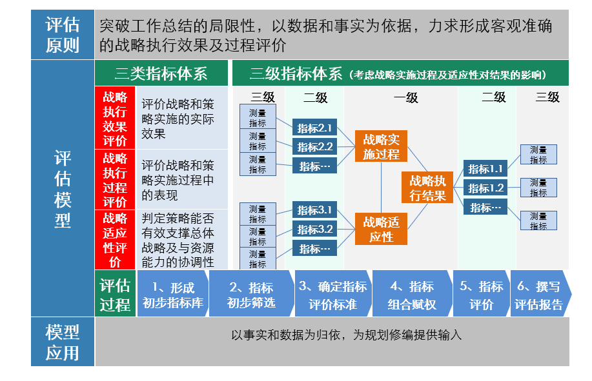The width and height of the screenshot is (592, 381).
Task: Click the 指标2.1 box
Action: pos(315,127)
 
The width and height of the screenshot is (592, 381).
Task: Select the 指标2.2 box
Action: pos(315,146)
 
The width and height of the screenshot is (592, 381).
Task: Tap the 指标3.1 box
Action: pos(315,210)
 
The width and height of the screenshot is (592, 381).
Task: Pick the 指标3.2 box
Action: pos(315,229)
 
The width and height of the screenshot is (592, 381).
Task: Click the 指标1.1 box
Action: pos(485,169)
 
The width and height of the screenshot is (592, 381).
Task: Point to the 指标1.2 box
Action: pos(485,188)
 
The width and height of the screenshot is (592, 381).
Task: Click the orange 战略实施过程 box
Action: pos(382,146)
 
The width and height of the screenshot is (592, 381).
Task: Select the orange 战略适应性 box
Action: pos(382,229)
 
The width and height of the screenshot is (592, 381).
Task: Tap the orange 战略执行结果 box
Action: pos(427,188)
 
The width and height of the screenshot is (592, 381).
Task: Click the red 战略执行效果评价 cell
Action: pos(115,118)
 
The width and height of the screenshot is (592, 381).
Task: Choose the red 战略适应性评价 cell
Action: pos(115,240)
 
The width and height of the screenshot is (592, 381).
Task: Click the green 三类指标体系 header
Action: pos(161,73)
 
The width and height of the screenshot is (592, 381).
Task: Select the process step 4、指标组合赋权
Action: pos(412,295)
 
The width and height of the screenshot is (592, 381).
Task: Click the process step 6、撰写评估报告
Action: pos(540,295)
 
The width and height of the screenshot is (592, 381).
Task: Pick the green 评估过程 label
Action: pos(115,295)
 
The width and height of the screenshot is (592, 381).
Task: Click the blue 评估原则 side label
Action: pos(62,35)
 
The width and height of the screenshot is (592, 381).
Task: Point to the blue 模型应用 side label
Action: pos(62,342)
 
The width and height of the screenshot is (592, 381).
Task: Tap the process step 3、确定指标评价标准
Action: pos(332,295)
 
